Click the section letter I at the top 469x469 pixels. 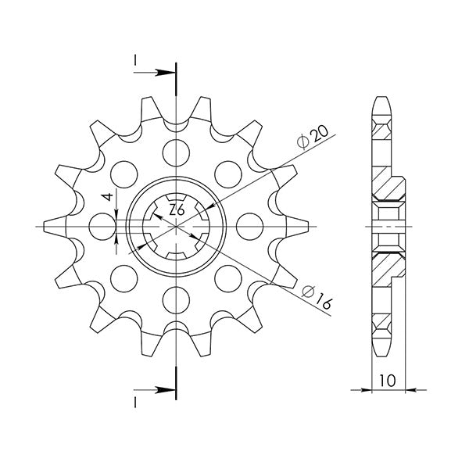pyautogui.click(x=136, y=61)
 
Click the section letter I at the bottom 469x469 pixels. pyautogui.click(x=136, y=401)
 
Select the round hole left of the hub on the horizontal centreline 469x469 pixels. pyautogui.click(x=99, y=226)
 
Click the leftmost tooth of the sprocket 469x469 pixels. pyautogui.click(x=48, y=226)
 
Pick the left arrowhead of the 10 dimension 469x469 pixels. pyautogui.click(x=374, y=388)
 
